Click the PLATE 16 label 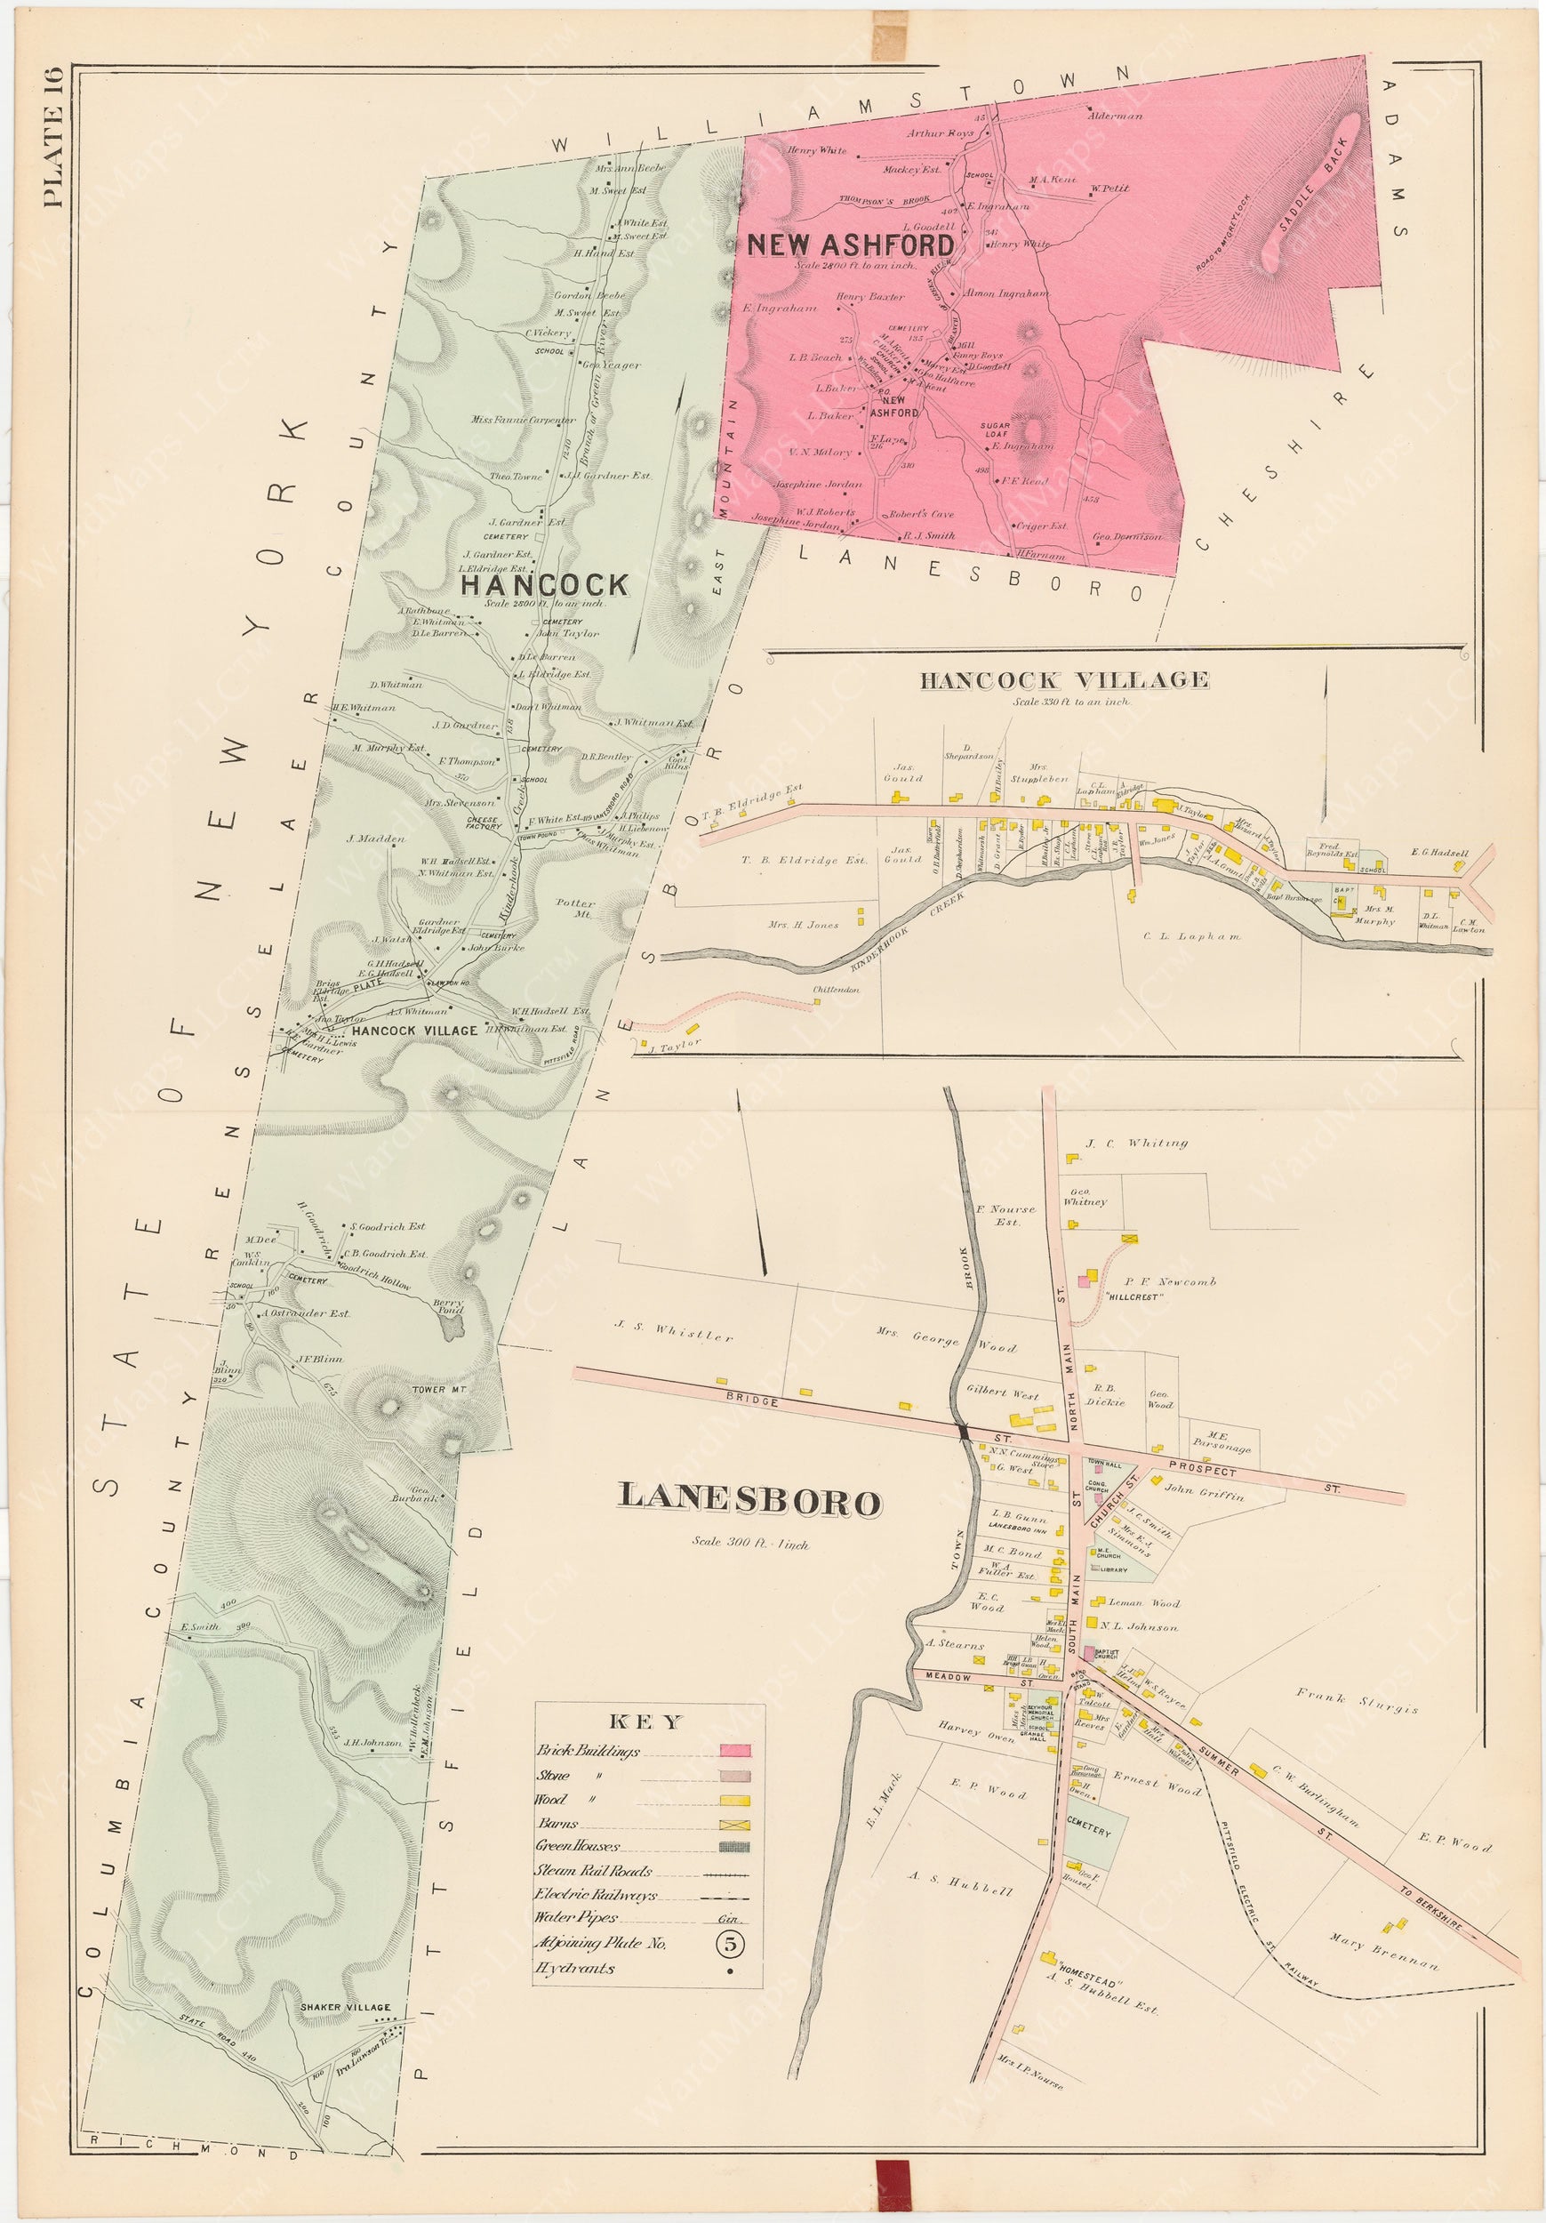(52, 137)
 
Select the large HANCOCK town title (544, 585)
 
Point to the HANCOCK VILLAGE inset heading (1063, 680)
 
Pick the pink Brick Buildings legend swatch (737, 1752)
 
